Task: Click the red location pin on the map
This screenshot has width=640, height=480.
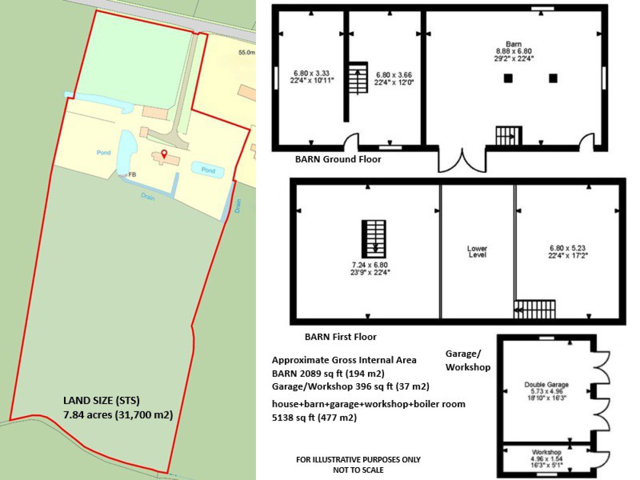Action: coord(165,153)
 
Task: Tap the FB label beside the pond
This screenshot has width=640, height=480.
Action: coord(132,175)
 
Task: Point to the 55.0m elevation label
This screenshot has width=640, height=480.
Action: coord(247,53)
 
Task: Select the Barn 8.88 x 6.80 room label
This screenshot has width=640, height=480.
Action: coord(513,51)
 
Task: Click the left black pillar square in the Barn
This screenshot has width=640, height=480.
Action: coord(508,78)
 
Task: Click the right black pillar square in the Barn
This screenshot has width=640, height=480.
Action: coord(553,78)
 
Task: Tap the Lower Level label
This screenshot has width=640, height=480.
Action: coord(477,251)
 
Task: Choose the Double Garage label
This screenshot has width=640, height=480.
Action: coord(546,385)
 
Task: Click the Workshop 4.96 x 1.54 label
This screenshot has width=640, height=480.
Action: coord(546,459)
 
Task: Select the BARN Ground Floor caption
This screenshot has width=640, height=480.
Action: coord(338,159)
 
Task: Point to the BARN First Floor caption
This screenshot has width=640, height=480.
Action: coord(341,337)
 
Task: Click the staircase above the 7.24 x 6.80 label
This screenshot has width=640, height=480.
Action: coord(374,239)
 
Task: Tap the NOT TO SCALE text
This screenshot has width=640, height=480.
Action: coord(358,470)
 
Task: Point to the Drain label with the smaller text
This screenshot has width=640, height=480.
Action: coord(238,206)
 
